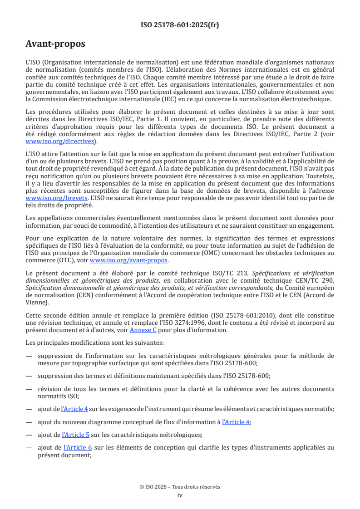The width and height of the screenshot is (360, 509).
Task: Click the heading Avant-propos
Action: click(x=55, y=44)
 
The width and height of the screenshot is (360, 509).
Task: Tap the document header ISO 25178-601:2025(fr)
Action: click(x=180, y=25)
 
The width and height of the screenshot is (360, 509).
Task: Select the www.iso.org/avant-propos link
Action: click(x=129, y=260)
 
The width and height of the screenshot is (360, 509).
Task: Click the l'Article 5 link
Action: click(x=75, y=434)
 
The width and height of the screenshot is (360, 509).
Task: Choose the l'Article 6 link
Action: click(x=77, y=447)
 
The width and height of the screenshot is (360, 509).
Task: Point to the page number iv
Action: click(x=180, y=495)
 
